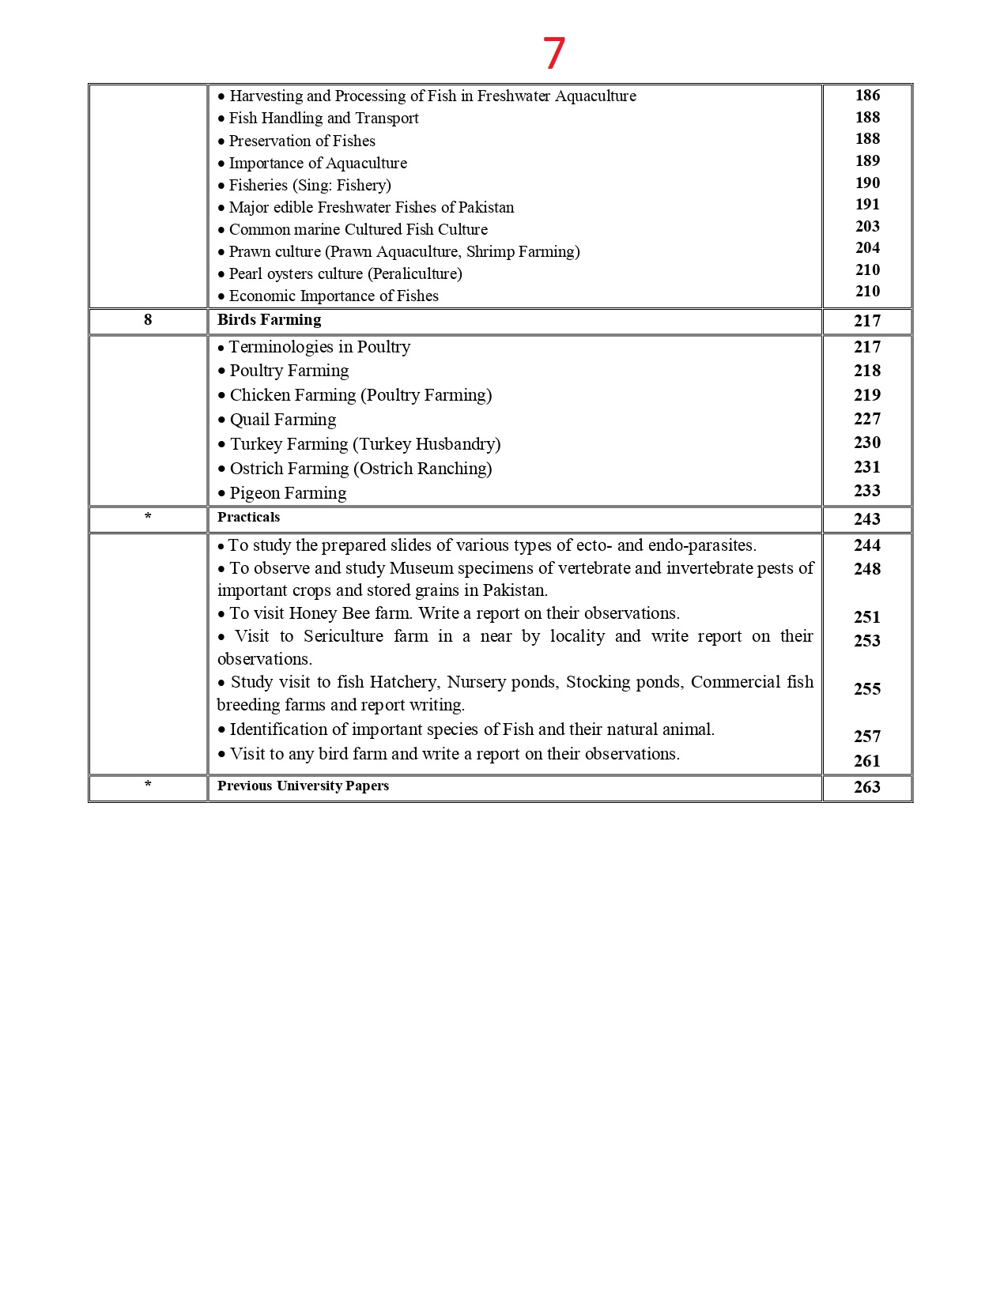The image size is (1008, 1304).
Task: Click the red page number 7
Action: (553, 54)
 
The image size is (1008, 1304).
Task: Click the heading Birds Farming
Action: (269, 320)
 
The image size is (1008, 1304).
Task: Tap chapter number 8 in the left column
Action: (148, 320)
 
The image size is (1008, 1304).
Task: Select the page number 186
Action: (867, 96)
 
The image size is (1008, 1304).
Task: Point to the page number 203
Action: (867, 227)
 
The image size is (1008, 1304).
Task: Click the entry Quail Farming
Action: (282, 420)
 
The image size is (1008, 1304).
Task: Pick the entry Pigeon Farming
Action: (288, 493)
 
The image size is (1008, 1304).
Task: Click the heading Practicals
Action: (248, 518)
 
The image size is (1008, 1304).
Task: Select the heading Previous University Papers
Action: (303, 786)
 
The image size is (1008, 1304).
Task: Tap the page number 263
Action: (867, 787)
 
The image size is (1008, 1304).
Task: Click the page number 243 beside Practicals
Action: (867, 519)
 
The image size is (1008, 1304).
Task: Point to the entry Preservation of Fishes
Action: (302, 141)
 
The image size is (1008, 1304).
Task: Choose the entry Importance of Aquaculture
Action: (318, 164)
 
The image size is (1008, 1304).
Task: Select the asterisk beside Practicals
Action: (148, 518)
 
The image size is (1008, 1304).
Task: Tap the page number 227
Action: (867, 419)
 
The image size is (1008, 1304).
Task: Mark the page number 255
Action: (867, 689)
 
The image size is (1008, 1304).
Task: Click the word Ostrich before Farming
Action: (257, 469)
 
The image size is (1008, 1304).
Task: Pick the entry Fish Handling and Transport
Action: (323, 119)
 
